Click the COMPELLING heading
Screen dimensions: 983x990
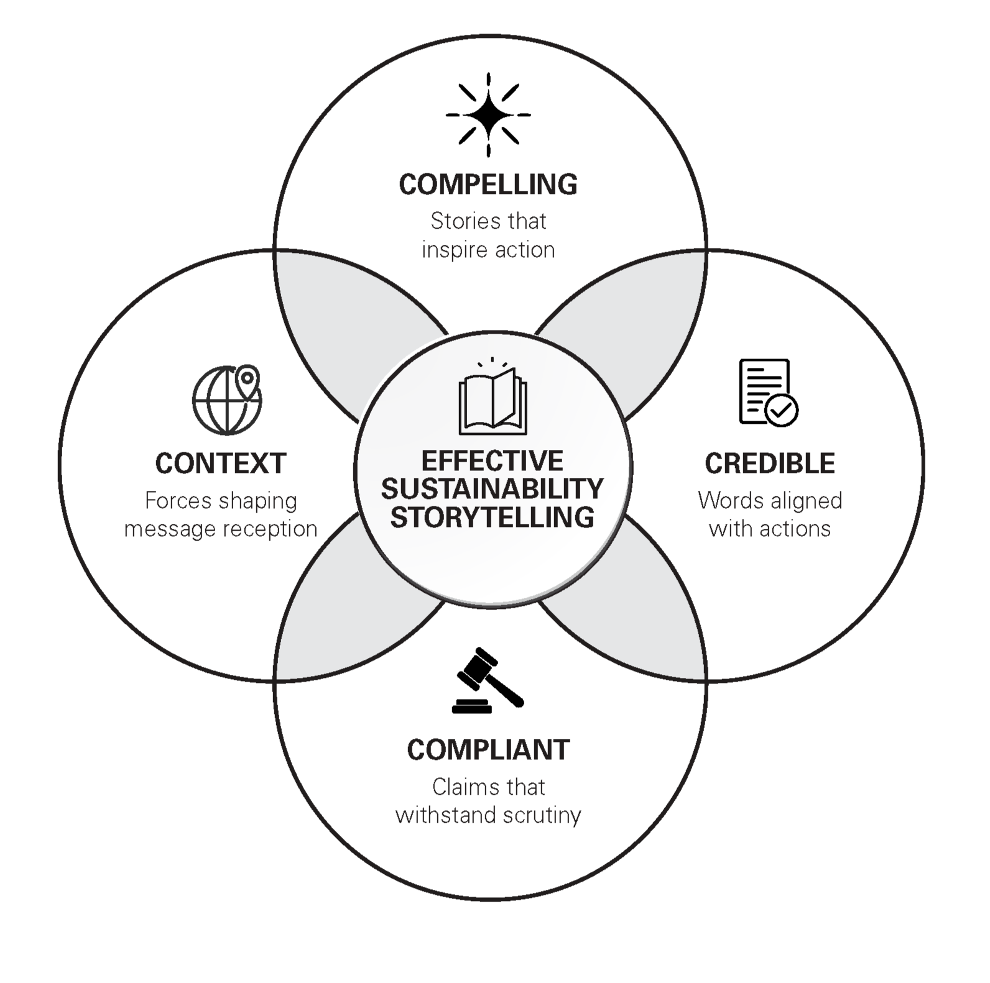pyautogui.click(x=488, y=185)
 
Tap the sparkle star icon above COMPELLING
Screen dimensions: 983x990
pyautogui.click(x=488, y=115)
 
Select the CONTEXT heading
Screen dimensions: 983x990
pyautogui.click(x=221, y=464)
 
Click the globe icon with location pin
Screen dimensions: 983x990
pyautogui.click(x=226, y=400)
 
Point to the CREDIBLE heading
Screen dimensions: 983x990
pyautogui.click(x=770, y=464)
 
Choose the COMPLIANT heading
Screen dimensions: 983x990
pyautogui.click(x=488, y=750)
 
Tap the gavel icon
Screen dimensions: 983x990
pyautogui.click(x=488, y=681)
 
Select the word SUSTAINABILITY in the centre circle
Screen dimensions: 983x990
pyautogui.click(x=493, y=489)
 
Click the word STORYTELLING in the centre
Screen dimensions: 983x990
pyautogui.click(x=493, y=518)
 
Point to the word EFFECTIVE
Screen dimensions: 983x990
pyautogui.click(x=493, y=461)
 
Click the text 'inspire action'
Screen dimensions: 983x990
pyautogui.click(x=488, y=250)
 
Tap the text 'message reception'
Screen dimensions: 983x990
pyautogui.click(x=221, y=529)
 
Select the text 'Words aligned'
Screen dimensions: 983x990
pyautogui.click(x=770, y=500)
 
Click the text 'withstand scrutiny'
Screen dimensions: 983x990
pyautogui.click(x=488, y=815)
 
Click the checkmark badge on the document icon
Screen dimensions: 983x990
pyautogui.click(x=782, y=410)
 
